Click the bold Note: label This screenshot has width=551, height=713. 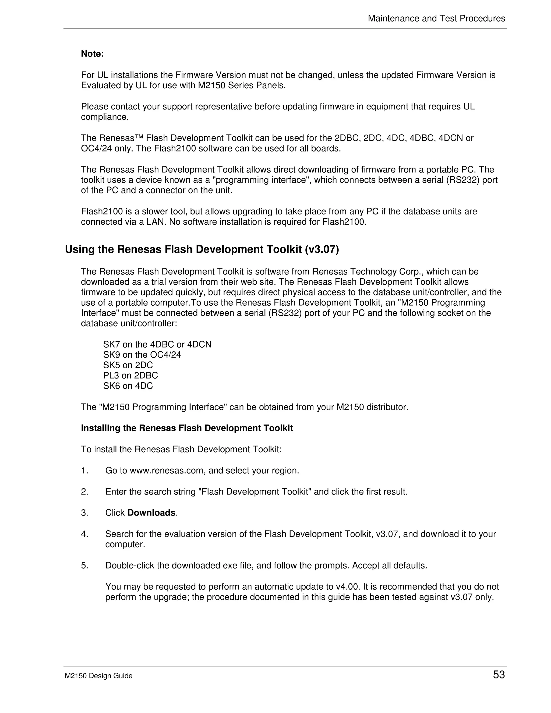tap(92, 54)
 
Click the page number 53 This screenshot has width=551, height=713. tap(499, 675)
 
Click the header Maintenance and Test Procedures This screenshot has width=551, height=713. tap(436, 19)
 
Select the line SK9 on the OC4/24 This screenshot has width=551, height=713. tap(142, 355)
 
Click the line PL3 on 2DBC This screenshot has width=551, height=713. tap(130, 375)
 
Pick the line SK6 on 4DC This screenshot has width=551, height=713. tap(128, 386)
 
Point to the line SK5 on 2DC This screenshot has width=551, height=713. tap(128, 365)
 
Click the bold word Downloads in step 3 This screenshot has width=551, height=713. tap(151, 513)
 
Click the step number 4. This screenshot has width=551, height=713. tap(84, 534)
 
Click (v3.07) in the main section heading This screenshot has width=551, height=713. tap(322, 250)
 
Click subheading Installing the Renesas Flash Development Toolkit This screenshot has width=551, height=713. tap(187, 428)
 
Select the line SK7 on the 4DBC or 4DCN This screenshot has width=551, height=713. tap(157, 344)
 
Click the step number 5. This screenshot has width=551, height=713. tap(84, 566)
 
